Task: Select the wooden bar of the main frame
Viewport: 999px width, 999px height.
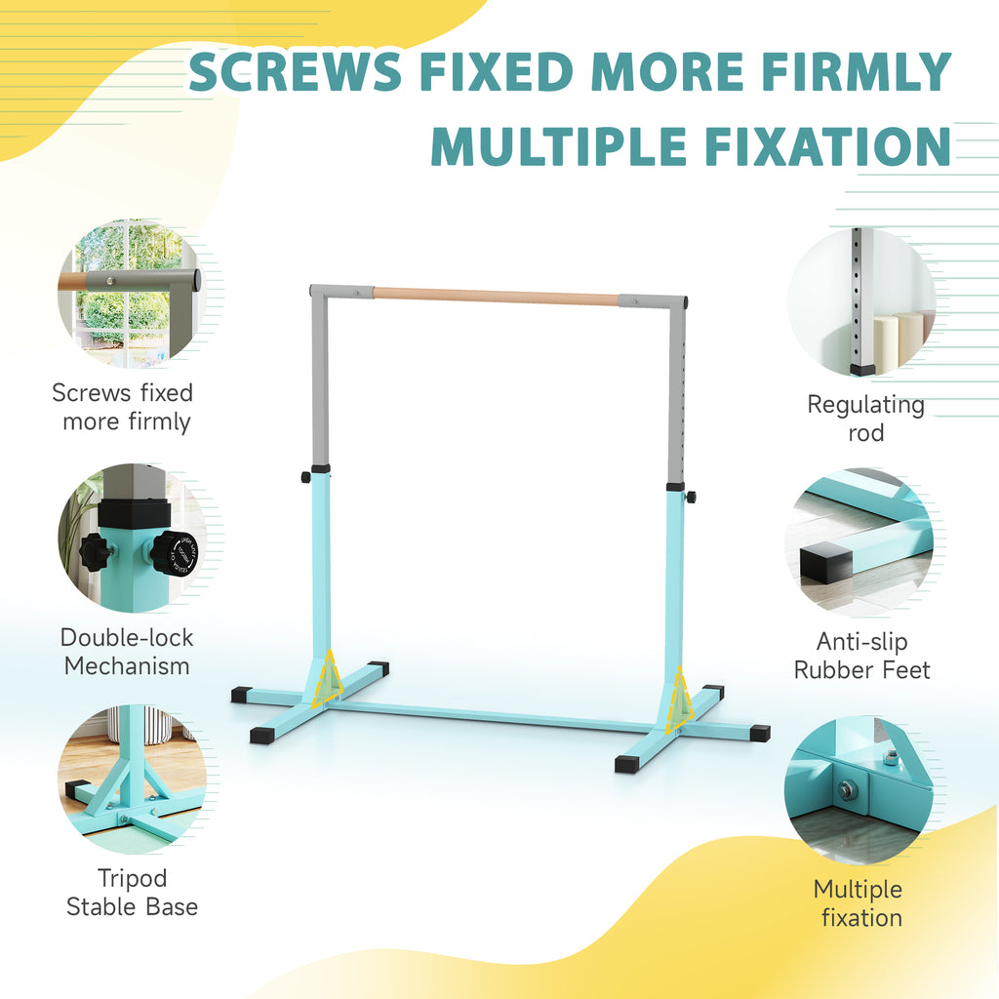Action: click(x=495, y=297)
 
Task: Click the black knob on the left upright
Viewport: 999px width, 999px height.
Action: click(x=305, y=476)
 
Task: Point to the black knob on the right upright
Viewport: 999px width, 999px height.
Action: click(x=691, y=497)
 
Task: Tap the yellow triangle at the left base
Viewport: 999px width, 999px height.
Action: click(x=328, y=677)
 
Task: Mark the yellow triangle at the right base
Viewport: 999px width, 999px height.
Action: click(x=679, y=700)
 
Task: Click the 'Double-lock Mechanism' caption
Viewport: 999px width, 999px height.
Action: click(x=127, y=652)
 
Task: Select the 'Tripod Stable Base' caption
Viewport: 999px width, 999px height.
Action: click(x=132, y=892)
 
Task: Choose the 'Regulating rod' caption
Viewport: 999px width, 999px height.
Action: click(x=866, y=419)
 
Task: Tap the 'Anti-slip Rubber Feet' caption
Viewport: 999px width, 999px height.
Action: click(x=862, y=656)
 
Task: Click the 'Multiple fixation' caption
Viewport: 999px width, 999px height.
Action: click(x=859, y=903)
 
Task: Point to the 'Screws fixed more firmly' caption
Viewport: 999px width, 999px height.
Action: click(x=123, y=407)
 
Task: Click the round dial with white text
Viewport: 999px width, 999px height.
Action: click(x=178, y=552)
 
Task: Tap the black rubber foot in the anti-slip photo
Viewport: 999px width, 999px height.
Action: click(x=825, y=563)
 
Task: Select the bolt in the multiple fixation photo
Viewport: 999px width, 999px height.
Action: click(x=847, y=791)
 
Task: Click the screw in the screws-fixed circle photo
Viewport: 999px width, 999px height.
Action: click(x=111, y=280)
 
